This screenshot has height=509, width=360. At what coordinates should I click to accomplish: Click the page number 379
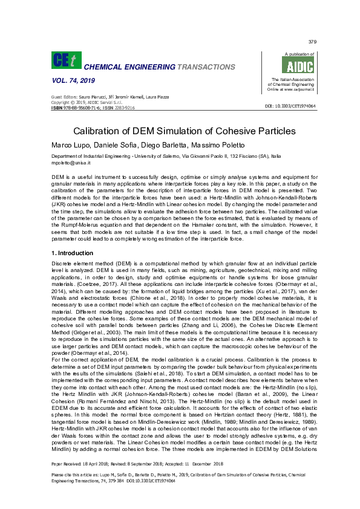tap(312, 42)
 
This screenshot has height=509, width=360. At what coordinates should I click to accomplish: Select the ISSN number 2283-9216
tap(123, 107)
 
